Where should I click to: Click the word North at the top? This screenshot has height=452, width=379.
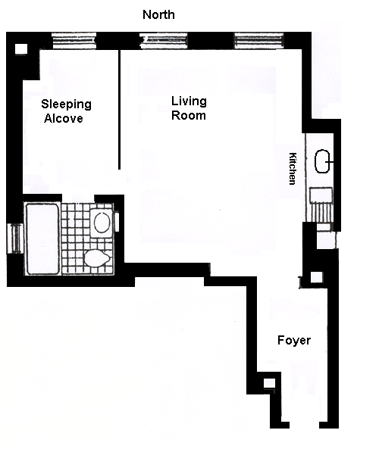[158, 14]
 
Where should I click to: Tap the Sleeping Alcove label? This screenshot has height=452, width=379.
[66, 111]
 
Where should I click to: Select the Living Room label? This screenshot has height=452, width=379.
[189, 108]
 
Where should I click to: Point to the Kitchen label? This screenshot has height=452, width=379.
[293, 168]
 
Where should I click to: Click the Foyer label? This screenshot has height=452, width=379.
[294, 340]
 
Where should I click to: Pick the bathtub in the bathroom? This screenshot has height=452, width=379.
[42, 239]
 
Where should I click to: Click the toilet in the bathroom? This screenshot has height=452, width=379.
[97, 258]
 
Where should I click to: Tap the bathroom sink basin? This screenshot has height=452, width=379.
[102, 223]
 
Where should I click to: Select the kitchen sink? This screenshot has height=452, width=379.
[322, 161]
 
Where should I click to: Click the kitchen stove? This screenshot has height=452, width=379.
[321, 205]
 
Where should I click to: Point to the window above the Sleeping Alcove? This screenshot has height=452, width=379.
[74, 40]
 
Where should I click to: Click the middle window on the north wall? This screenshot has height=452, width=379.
[164, 40]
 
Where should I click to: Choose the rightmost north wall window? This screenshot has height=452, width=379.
[259, 40]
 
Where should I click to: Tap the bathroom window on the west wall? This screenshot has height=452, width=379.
[15, 238]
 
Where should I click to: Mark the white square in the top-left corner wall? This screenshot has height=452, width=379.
[21, 48]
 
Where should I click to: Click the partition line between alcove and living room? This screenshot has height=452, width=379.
[119, 110]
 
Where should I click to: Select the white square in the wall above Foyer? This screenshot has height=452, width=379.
[316, 277]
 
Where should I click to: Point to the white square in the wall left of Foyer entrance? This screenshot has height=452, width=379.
[269, 384]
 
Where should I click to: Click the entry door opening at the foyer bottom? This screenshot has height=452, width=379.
[304, 425]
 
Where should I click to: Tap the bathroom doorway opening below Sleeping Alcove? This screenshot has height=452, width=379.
[78, 198]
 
